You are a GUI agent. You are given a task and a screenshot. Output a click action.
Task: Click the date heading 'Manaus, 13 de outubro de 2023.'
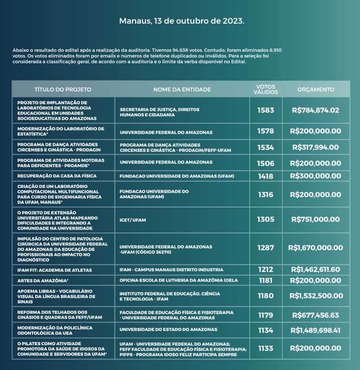point(181,21)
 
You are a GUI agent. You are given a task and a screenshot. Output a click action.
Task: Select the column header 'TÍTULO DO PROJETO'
point(63,90)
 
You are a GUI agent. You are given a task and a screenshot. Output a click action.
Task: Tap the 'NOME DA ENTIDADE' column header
point(182,90)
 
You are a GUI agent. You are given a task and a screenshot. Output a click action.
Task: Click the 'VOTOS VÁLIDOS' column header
point(266,89)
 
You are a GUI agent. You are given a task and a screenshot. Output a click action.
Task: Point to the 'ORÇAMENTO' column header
point(316,90)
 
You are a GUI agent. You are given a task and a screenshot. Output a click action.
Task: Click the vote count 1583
point(266,110)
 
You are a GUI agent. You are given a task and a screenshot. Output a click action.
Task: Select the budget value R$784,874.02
point(316,110)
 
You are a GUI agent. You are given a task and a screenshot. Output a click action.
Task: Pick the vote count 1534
point(266,147)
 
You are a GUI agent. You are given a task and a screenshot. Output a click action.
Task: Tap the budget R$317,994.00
point(316,147)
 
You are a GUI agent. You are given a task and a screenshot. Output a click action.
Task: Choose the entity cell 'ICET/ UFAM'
point(133,220)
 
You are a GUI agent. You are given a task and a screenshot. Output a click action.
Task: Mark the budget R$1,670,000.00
point(316,248)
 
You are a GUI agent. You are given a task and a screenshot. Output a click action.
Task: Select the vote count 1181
point(266,280)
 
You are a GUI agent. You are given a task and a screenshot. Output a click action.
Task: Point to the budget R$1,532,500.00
point(316,296)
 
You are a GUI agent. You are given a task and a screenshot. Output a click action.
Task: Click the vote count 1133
point(266,348)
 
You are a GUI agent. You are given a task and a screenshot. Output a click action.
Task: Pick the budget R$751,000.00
point(316,219)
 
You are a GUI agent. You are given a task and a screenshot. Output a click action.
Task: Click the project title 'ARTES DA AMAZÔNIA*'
point(43,280)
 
